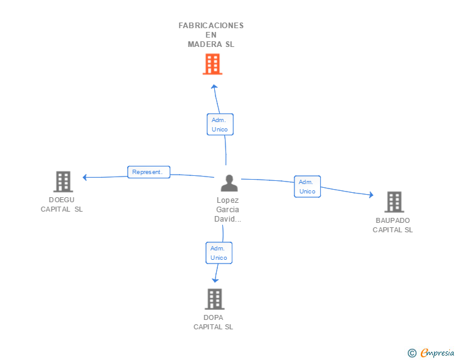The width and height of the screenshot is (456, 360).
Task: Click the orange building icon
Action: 212,64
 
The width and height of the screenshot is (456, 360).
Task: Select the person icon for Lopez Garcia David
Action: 229,183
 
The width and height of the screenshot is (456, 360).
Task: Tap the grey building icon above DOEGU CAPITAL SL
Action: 63,182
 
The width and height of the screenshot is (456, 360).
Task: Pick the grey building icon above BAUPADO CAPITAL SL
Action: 395,202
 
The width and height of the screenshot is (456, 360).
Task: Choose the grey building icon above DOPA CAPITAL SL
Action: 215,299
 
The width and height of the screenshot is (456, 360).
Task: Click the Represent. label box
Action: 148,172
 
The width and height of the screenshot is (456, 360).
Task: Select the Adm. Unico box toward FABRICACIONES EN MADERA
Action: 220,125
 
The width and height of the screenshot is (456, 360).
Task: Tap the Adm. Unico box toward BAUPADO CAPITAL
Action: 308,187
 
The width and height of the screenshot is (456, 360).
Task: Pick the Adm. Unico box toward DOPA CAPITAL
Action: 219,253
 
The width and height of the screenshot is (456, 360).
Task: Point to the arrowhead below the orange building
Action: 214,86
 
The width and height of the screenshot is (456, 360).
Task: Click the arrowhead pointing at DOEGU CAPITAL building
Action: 85,177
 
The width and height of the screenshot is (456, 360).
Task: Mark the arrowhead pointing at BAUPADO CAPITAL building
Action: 371,195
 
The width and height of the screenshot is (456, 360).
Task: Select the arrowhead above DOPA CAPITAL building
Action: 215,280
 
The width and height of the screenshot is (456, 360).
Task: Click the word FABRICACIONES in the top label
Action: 211,26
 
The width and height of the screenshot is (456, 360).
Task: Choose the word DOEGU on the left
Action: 61,200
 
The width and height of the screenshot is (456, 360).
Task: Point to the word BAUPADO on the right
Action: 393,220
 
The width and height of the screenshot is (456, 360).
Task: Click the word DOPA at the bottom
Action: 214,317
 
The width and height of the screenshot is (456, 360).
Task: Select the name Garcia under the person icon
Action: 227,210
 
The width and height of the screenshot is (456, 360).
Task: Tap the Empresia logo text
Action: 437,353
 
